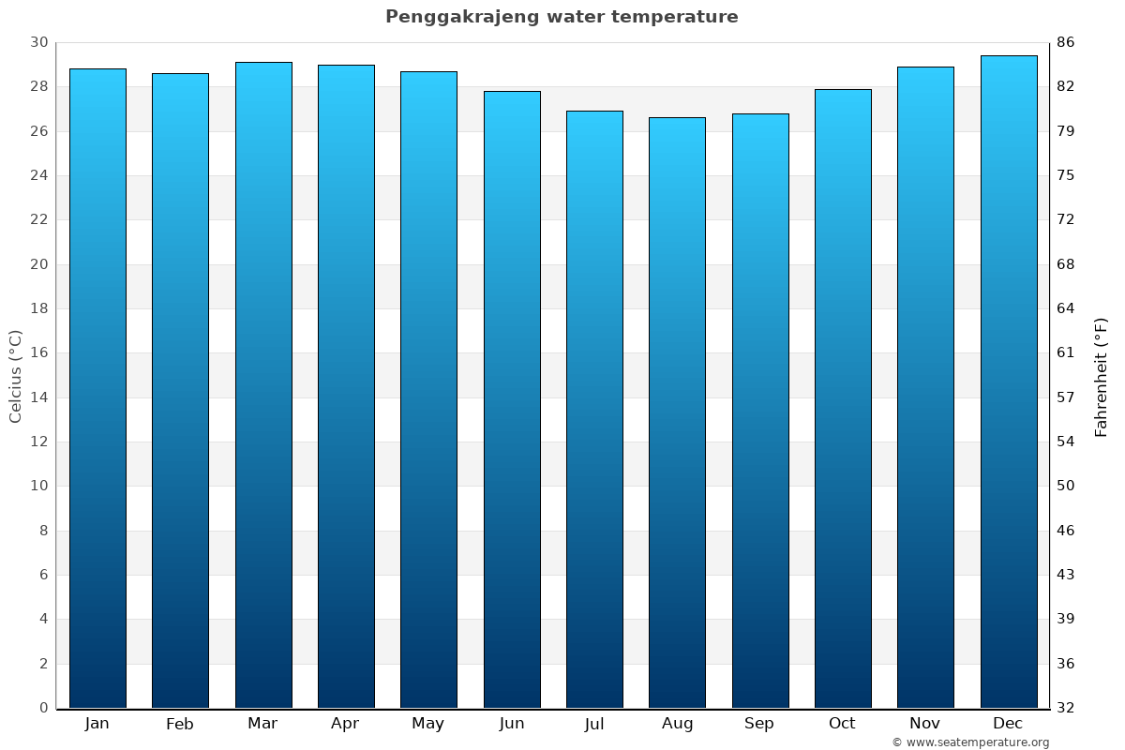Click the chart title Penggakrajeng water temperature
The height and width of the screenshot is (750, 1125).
562,17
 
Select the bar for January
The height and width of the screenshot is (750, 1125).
97,388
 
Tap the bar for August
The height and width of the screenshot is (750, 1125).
677,412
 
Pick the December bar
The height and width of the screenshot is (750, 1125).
1009,382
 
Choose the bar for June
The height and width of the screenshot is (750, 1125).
512,399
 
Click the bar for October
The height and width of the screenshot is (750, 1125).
843,398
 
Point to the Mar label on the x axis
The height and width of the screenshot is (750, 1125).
262,724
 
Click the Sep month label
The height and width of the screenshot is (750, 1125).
759,724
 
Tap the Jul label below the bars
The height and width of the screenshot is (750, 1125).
593,724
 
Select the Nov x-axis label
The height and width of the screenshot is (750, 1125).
925,724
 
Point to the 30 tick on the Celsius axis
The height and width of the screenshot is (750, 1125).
38,42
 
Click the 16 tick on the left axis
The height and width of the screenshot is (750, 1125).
38,353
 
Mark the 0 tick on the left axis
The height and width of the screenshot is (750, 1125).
43,708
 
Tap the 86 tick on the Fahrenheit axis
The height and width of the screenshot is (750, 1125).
1066,42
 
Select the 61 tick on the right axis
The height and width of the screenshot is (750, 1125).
1066,353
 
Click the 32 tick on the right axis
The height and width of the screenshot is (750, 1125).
1066,708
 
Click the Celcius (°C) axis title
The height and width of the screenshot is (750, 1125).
15,376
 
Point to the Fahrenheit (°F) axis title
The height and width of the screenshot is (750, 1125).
1102,376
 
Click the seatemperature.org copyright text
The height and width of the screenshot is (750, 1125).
970,742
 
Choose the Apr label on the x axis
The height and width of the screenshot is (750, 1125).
345,724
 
